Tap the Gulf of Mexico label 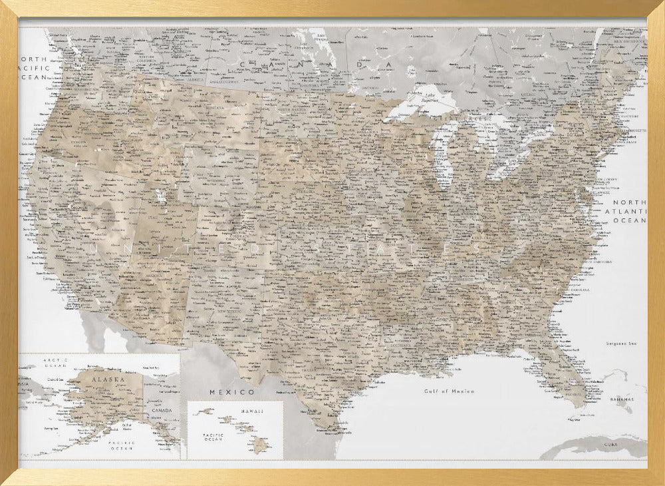pos(450,391)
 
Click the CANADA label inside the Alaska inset pos(162,410)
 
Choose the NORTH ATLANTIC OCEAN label pos(629,211)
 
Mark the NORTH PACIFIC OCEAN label pos(33,69)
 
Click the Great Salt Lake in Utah pos(160,197)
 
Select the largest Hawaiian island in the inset pos(260,445)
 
